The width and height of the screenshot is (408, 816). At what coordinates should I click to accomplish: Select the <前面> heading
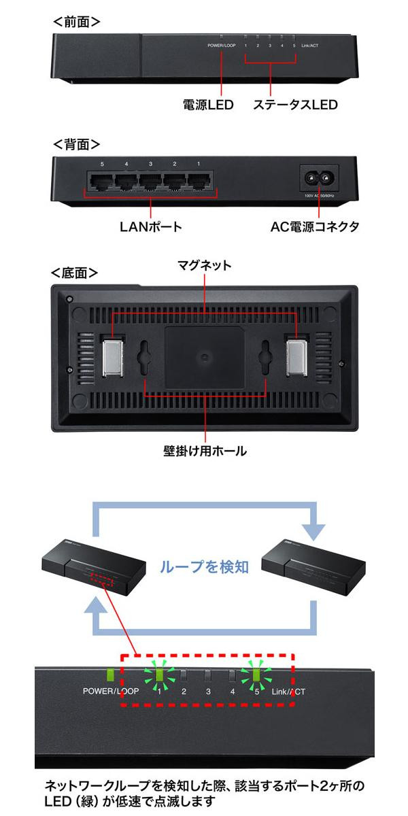click(x=76, y=22)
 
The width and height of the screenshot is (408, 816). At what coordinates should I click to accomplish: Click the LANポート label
click(x=150, y=226)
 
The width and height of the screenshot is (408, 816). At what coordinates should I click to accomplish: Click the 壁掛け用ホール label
click(x=205, y=450)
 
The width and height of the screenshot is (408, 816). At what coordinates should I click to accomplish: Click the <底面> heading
click(x=75, y=272)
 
